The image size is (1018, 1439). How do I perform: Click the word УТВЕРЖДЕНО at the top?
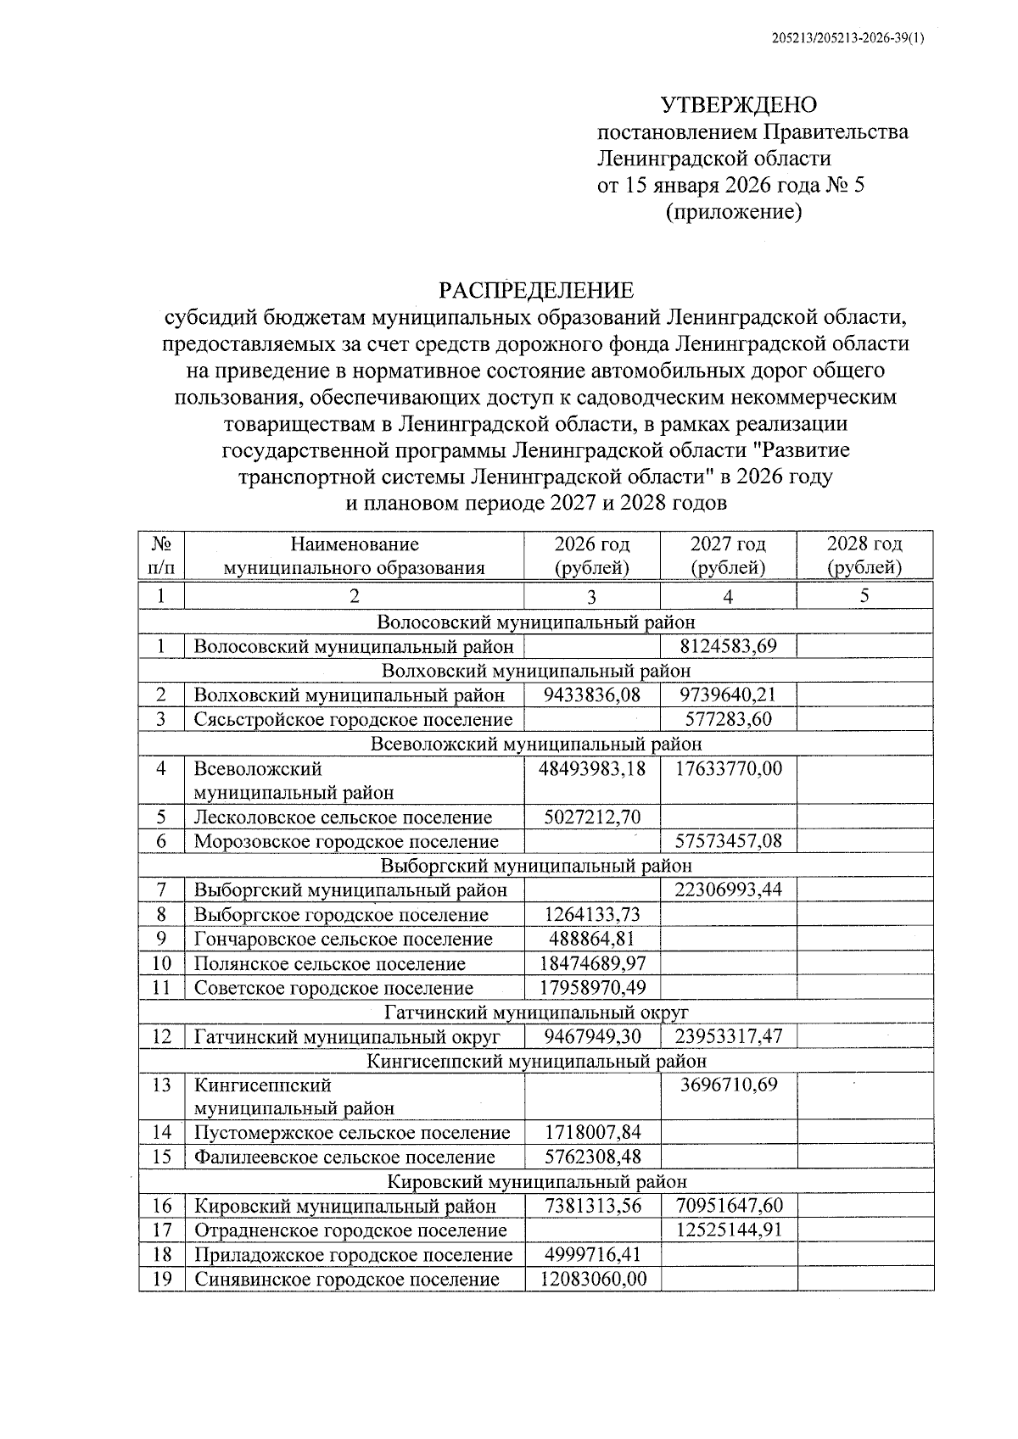click(738, 105)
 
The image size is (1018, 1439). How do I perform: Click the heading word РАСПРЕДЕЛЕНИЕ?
click(535, 291)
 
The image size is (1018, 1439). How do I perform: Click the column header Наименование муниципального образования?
click(354, 555)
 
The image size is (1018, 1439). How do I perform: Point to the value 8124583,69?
click(728, 647)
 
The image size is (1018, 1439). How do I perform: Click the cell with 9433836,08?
click(592, 695)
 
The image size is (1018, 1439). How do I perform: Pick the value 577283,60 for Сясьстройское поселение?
click(728, 720)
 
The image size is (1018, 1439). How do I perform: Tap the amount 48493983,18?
click(592, 769)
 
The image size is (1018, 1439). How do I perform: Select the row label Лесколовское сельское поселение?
click(343, 817)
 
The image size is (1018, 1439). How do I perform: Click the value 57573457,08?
click(728, 842)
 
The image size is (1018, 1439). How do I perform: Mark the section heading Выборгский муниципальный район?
click(536, 866)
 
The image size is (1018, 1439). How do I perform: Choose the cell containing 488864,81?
click(592, 940)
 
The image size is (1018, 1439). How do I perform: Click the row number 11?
click(162, 988)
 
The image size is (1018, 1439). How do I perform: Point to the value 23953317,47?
click(728, 1036)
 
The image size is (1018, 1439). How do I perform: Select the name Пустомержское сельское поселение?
click(352, 1133)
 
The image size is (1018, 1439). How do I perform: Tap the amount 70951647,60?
click(728, 1206)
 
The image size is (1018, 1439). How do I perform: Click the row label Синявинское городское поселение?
click(346, 1279)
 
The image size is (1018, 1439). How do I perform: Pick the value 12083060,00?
click(592, 1279)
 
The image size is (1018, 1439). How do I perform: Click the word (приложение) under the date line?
click(733, 212)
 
